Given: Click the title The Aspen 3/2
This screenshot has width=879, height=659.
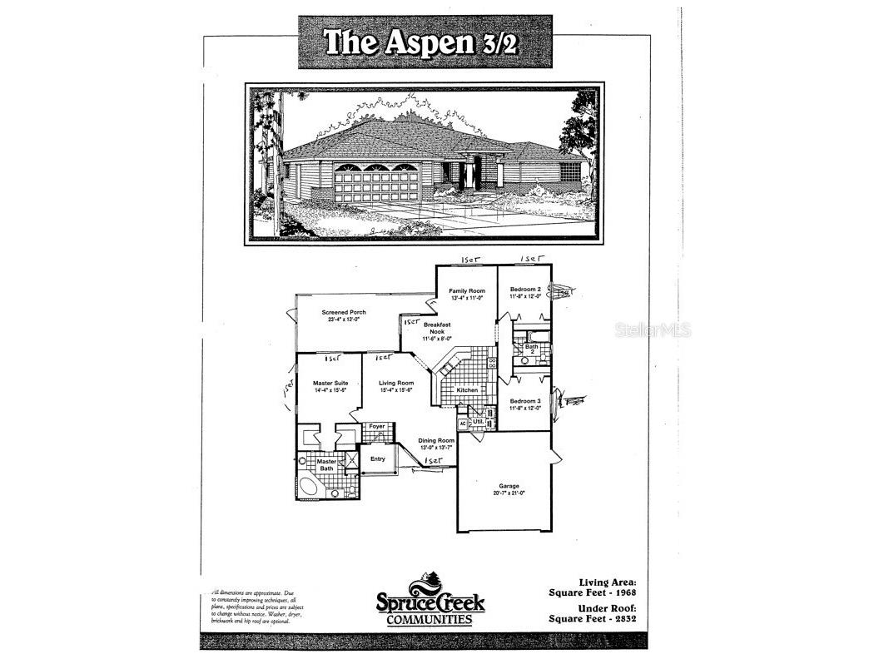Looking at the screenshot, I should tap(425, 42).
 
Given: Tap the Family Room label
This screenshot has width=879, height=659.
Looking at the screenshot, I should tap(467, 290).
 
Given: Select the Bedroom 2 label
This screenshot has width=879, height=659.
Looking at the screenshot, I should tap(525, 290).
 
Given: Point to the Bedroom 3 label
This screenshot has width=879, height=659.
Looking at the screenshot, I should tap(525, 401).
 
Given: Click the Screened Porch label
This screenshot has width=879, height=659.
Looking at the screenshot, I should tap(344, 313).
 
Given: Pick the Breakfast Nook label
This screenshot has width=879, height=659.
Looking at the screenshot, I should tap(436, 328).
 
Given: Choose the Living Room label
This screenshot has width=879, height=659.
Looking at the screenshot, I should tap(395, 383).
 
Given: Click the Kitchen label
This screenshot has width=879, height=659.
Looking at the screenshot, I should tap(465, 389).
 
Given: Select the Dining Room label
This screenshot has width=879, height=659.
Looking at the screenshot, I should tap(436, 441).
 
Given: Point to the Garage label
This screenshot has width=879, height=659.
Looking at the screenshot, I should tap(509, 486).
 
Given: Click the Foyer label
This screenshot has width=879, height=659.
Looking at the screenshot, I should tap(377, 426).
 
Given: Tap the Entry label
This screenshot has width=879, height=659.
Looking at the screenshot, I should tap(377, 458).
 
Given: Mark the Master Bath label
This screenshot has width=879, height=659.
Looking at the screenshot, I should tap(326, 464).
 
